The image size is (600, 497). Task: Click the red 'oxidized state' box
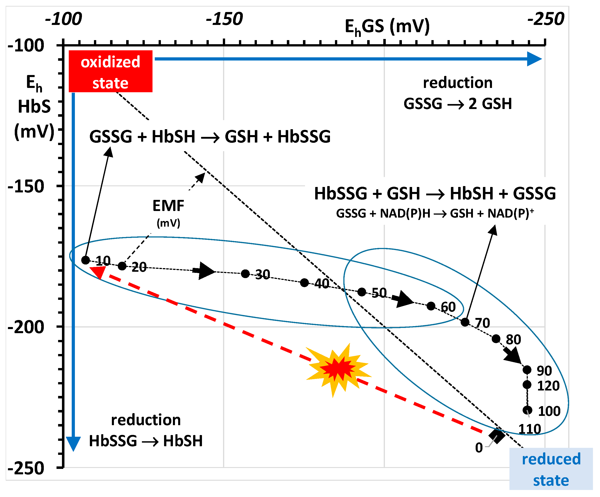tap(110, 71)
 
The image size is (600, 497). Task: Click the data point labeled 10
tap(85, 260)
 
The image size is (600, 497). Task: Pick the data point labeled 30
tap(245, 274)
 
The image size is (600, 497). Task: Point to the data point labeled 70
tap(465, 322)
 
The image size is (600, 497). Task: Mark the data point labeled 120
tap(527, 385)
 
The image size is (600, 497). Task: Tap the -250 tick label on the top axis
tap(546, 19)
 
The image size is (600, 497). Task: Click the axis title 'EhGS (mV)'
tap(387, 27)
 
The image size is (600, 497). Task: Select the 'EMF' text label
tap(168, 205)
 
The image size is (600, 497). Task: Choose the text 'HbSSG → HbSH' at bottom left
tap(146, 441)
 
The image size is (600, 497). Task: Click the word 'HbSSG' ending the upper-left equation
tap(304, 136)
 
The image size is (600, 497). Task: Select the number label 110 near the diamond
tap(529, 429)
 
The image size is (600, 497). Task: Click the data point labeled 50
tap(362, 292)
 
